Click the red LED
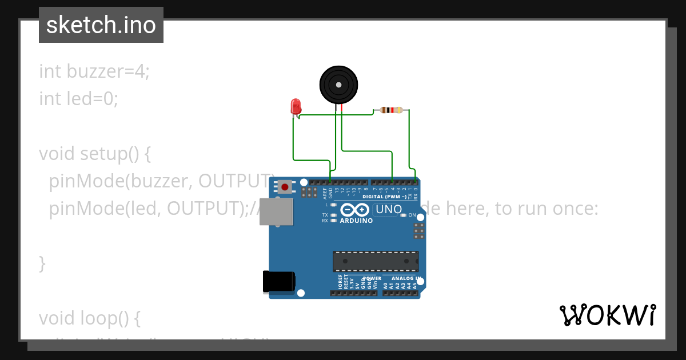click(296, 106)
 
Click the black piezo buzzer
click(339, 84)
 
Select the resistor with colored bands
click(391, 110)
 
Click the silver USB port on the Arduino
click(276, 212)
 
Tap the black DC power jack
click(278, 282)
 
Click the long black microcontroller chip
click(376, 261)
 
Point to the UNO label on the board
click(389, 210)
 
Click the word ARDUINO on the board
click(356, 221)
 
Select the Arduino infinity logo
click(355, 210)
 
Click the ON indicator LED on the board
click(404, 215)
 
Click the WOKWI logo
click(607, 315)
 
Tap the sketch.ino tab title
click(101, 25)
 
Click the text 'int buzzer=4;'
click(94, 71)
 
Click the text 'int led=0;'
click(78, 99)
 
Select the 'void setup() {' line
click(94, 154)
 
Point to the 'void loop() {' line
click(89, 317)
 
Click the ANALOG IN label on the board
click(406, 278)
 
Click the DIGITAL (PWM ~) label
click(385, 197)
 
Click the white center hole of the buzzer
click(339, 85)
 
